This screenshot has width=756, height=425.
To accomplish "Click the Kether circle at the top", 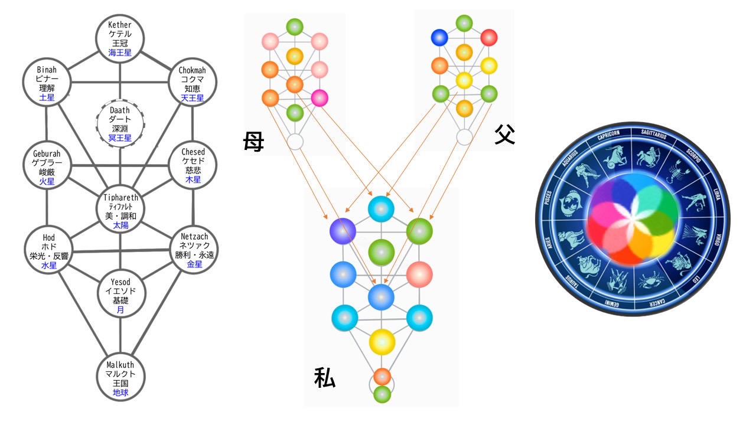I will (x=120, y=38).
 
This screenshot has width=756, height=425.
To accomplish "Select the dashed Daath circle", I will (x=120, y=124).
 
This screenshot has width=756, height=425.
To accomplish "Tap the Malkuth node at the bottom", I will (x=120, y=377).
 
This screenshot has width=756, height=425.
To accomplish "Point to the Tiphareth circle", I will (x=120, y=211).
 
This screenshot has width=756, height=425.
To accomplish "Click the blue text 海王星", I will (x=120, y=53).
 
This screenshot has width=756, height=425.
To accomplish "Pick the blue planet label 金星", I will (x=194, y=264).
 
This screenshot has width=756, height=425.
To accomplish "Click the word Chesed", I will (x=194, y=152).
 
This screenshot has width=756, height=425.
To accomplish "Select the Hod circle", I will (x=48, y=251).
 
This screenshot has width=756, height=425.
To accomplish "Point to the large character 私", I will (x=324, y=378).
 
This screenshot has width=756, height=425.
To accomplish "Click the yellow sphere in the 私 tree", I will (x=382, y=341).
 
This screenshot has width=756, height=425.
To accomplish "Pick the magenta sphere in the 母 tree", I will (x=320, y=97).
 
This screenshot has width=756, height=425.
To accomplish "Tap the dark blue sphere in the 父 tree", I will (x=440, y=38).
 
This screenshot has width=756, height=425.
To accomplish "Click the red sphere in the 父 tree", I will (x=489, y=38).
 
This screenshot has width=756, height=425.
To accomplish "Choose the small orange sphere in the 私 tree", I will (x=382, y=376).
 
